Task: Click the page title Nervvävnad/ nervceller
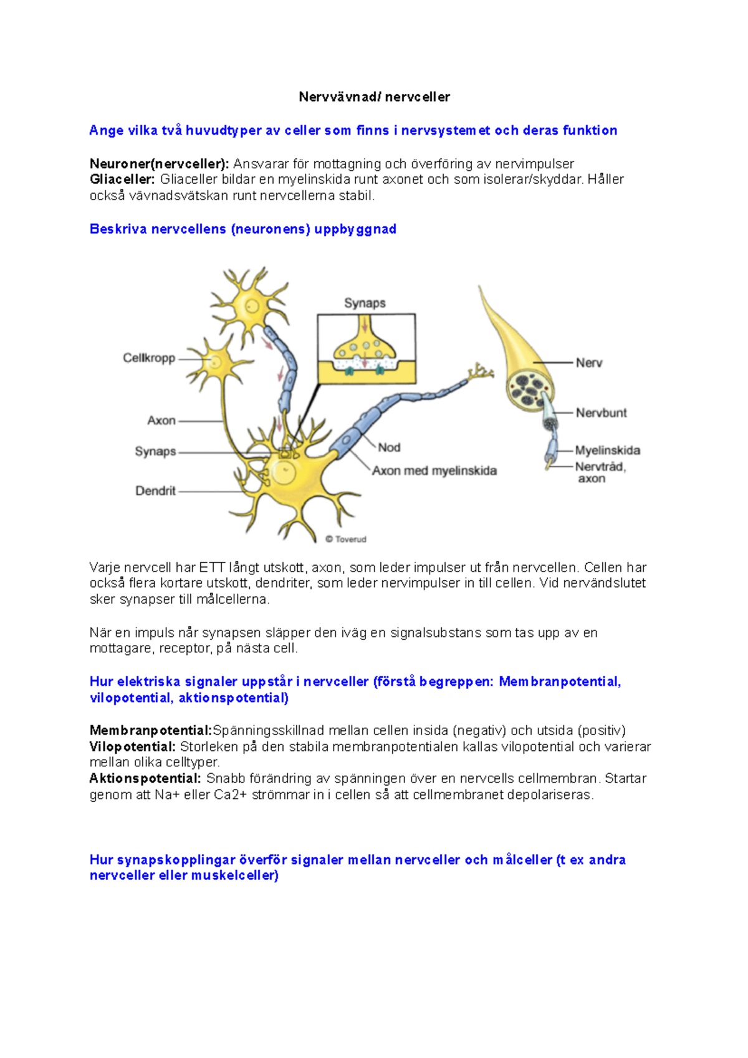tap(374, 97)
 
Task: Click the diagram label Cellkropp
tap(149, 358)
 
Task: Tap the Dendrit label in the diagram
tap(156, 491)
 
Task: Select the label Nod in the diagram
tap(389, 447)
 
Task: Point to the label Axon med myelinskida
tap(434, 471)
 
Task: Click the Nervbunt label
tap(601, 413)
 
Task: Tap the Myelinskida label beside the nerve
tap(607, 450)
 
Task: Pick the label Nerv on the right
tap(589, 363)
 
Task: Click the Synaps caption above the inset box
tap(365, 303)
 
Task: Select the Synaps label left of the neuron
tap(155, 451)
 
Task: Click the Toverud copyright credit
tap(347, 540)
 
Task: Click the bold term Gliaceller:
tap(122, 179)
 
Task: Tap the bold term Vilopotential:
tap(133, 746)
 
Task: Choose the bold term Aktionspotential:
tap(145, 778)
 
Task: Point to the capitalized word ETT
tap(212, 568)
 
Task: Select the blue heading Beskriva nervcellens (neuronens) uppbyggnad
tap(243, 229)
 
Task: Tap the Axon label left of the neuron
tap(161, 421)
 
